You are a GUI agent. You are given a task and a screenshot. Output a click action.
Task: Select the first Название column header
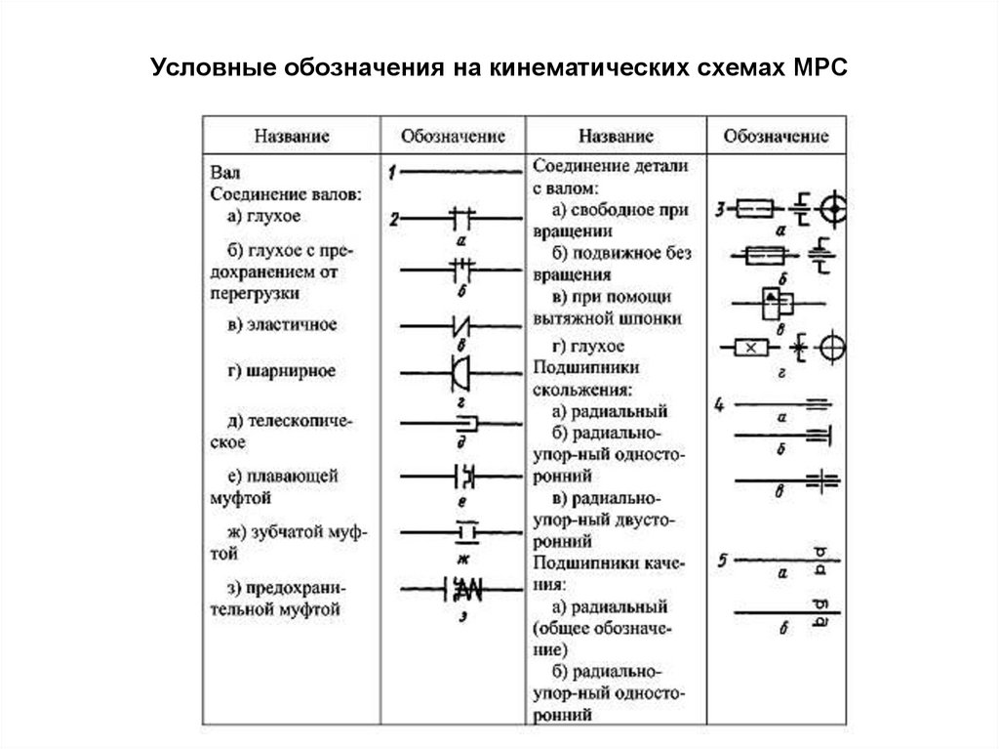coord(293,136)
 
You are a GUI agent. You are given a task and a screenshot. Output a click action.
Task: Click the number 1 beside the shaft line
coord(390,173)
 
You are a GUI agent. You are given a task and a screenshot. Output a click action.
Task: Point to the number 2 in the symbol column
coord(392,219)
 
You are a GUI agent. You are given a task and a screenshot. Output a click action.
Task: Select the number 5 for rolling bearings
coord(720,560)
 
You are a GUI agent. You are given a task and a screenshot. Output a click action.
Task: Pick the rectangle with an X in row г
coord(750,347)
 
